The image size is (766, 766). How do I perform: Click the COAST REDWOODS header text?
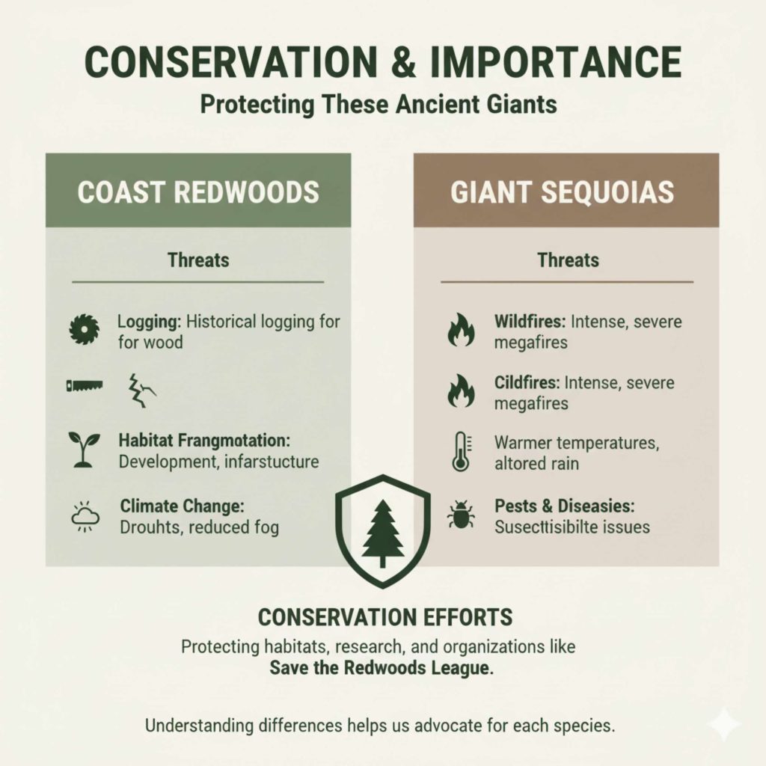[198, 191]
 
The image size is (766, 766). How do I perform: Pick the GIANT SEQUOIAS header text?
[566, 191]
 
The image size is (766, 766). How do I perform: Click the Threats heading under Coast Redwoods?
[198, 260]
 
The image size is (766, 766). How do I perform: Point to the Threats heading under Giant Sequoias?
[568, 260]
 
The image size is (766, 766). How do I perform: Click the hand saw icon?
[79, 387]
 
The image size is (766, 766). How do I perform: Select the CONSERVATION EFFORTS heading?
[385, 617]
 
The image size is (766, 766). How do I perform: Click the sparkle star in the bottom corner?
[725, 725]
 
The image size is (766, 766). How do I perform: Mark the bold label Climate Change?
[171, 505]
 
